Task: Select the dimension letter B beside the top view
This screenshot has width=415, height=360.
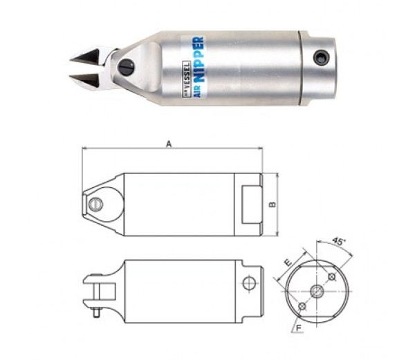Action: (273, 205)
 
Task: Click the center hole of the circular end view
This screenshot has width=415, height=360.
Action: (317, 291)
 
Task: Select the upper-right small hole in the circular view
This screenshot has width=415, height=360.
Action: (332, 276)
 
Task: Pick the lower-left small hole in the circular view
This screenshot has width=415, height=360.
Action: (302, 306)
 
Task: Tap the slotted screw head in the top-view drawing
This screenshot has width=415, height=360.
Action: (97, 204)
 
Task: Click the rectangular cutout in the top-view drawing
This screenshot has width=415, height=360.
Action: (251, 204)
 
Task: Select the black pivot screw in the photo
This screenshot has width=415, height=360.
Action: (126, 67)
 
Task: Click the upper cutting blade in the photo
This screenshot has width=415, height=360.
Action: (92, 55)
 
